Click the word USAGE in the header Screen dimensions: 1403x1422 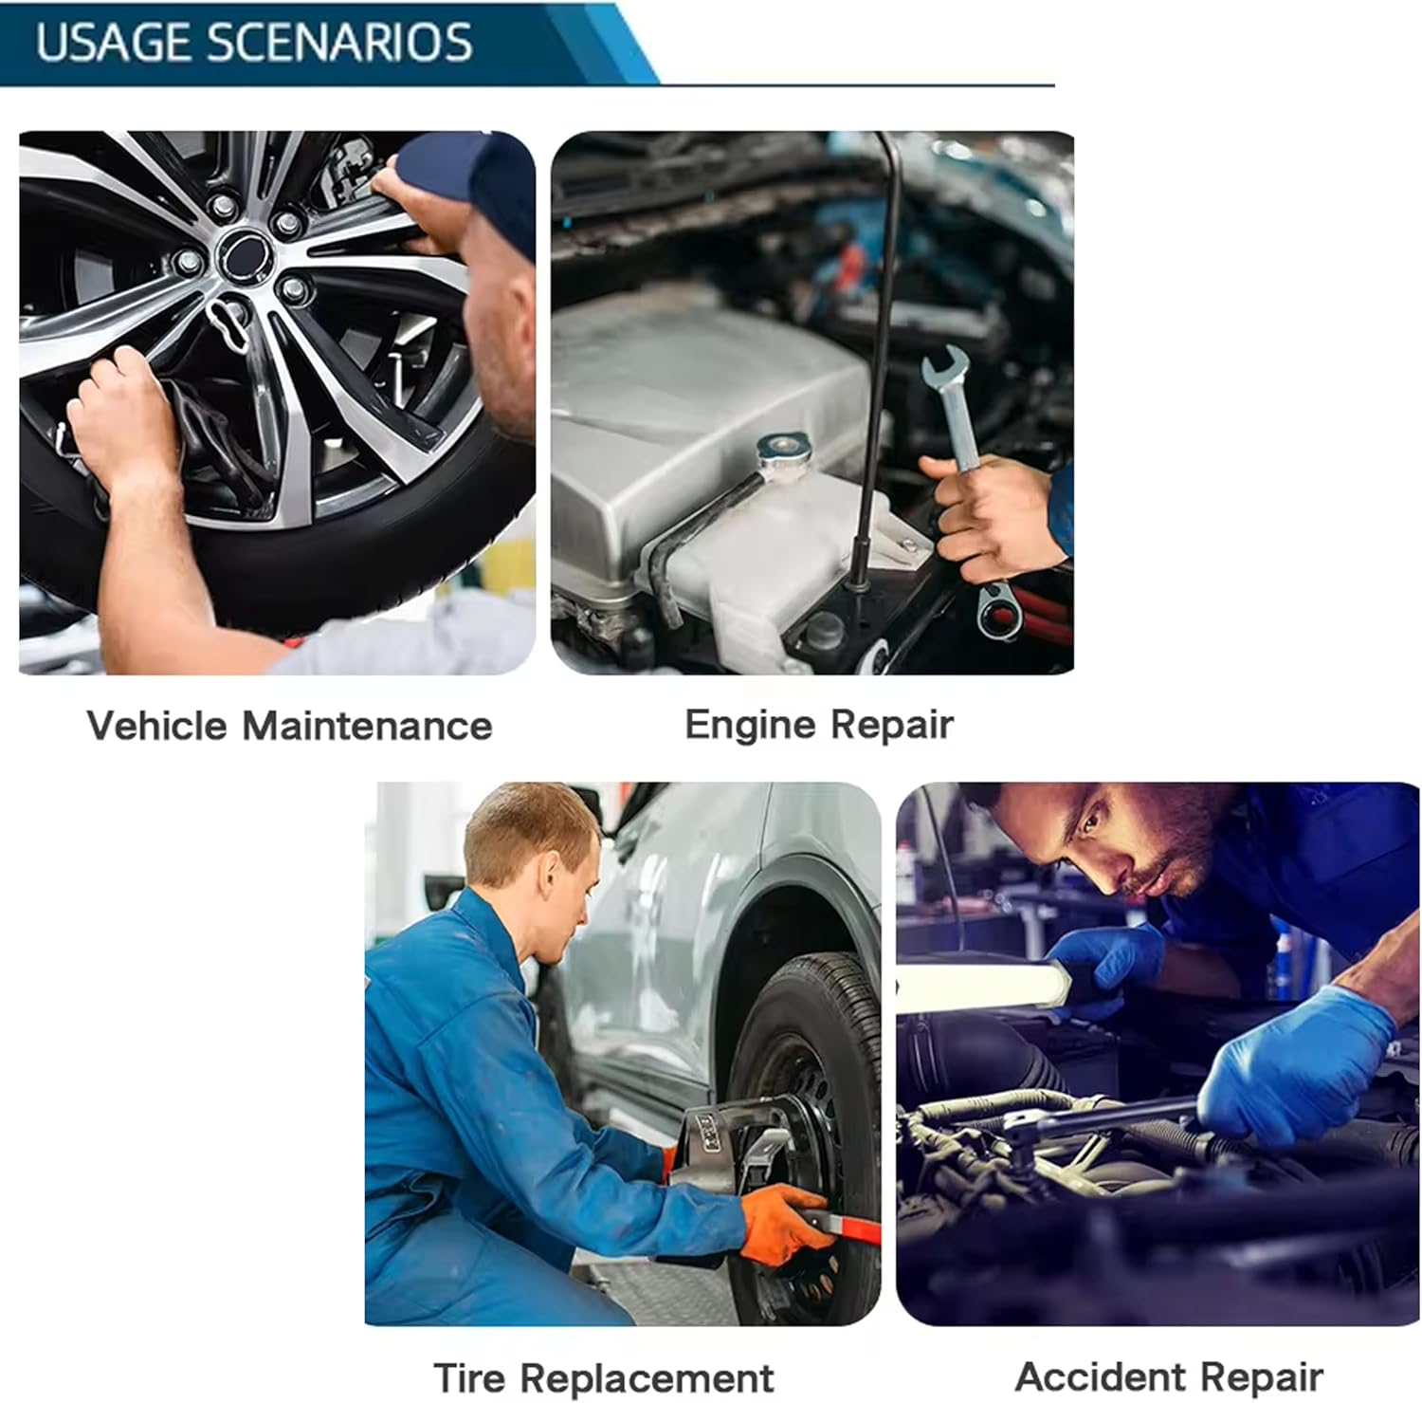[113, 43]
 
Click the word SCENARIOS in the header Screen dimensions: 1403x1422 [339, 43]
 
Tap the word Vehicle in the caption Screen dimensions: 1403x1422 [157, 726]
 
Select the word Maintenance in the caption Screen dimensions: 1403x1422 [368, 726]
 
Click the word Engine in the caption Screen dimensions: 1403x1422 [737, 726]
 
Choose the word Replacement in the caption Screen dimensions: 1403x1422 [647, 1377]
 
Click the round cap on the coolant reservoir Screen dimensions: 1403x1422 [784, 448]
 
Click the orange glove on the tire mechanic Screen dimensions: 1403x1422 [784, 1224]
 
